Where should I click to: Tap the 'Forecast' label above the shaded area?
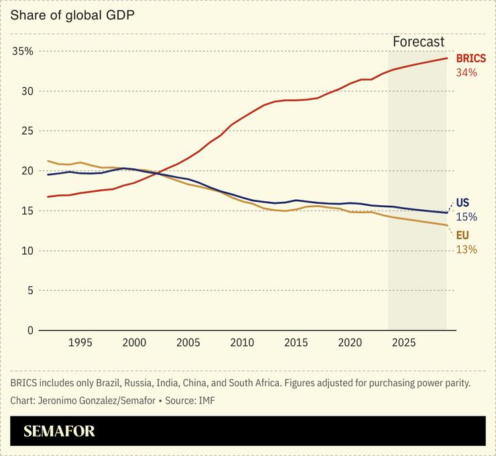pos(418,42)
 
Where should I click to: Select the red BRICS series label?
pos(471,59)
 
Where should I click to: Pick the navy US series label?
pos(462,203)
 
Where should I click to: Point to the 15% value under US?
pos(466,217)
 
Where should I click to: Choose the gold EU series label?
pos(462,235)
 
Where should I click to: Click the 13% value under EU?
pos(466,249)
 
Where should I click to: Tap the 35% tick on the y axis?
pos(22,51)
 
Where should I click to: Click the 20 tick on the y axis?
pos(27,171)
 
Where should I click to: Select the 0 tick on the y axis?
pos(29,331)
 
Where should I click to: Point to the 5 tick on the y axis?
pos(29,290)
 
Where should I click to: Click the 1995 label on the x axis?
pos(80,343)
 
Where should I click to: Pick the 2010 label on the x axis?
pos(242,343)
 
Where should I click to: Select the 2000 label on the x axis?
pos(134,343)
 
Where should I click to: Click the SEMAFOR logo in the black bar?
pos(60,431)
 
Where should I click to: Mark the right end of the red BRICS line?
pos(447,58)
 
